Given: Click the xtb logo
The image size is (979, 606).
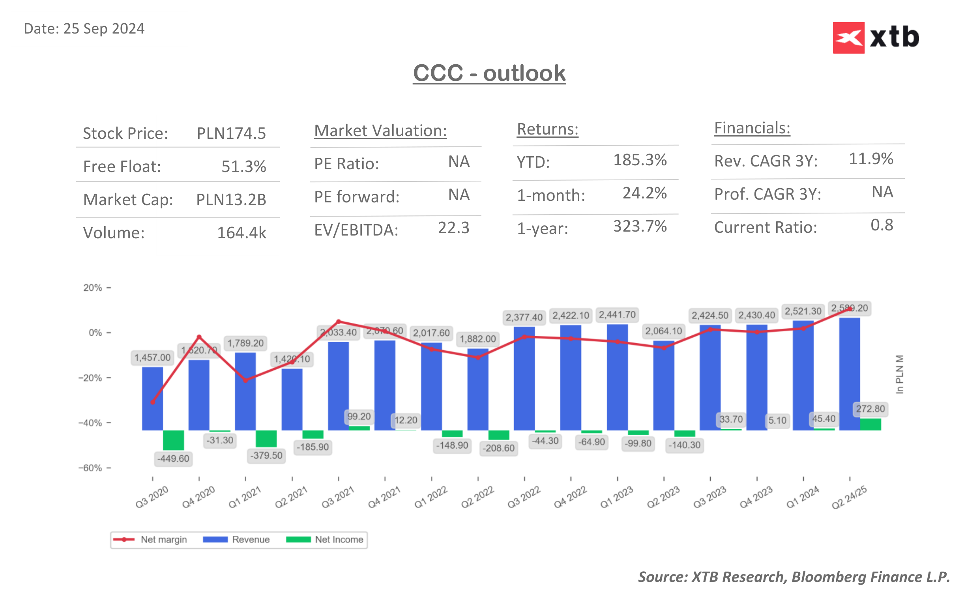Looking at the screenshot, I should pyautogui.click(x=875, y=37).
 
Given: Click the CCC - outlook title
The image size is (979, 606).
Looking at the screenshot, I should pyautogui.click(x=489, y=73).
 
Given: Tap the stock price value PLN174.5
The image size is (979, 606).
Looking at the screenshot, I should pyautogui.click(x=231, y=133).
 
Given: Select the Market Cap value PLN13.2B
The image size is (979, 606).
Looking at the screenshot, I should pyautogui.click(x=231, y=200).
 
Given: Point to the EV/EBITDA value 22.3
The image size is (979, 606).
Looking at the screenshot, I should pyautogui.click(x=453, y=228).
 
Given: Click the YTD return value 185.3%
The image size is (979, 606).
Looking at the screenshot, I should pyautogui.click(x=640, y=160).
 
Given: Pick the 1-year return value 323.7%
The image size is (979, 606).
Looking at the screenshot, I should pyautogui.click(x=640, y=226).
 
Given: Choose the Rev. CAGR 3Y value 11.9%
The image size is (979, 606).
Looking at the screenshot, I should pyautogui.click(x=870, y=159).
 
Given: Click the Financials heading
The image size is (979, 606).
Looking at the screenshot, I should pyautogui.click(x=752, y=128).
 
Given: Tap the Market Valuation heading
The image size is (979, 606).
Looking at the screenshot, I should pyautogui.click(x=380, y=131).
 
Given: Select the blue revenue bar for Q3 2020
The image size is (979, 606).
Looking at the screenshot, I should pyautogui.click(x=152, y=399).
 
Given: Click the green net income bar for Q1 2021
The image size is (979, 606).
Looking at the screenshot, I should pyautogui.click(x=266, y=438).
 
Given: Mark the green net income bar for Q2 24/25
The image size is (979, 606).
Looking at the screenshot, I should pyautogui.click(x=870, y=425).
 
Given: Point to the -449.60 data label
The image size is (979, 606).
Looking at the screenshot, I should pyautogui.click(x=173, y=458).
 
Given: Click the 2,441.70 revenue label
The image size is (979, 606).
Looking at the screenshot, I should pyautogui.click(x=617, y=314).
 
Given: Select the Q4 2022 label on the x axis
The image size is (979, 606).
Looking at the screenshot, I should pyautogui.click(x=570, y=498).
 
